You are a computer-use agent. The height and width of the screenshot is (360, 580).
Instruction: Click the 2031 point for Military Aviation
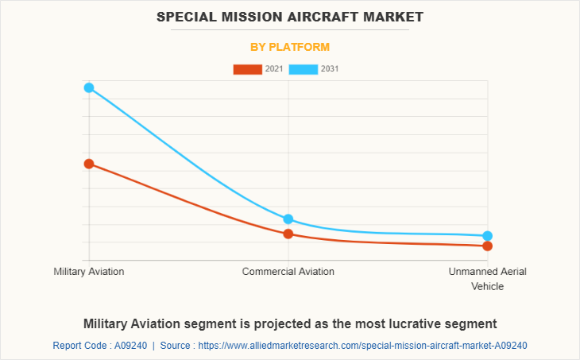pyautogui.click(x=89, y=87)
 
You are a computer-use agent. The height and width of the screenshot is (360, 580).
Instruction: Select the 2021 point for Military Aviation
pyautogui.click(x=89, y=164)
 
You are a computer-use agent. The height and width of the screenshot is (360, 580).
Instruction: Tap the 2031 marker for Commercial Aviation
pyautogui.click(x=288, y=219)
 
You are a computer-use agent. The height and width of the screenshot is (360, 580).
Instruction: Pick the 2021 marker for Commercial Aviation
pyautogui.click(x=288, y=234)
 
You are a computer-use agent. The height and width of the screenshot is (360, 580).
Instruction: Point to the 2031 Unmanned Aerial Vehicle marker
pyautogui.click(x=487, y=236)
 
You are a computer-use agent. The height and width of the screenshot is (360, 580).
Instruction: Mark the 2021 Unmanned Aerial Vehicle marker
pyautogui.click(x=487, y=246)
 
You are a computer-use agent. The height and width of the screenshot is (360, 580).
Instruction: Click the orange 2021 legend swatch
pyautogui.click(x=247, y=69)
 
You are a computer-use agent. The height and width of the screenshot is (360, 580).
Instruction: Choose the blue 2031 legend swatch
pyautogui.click(x=304, y=69)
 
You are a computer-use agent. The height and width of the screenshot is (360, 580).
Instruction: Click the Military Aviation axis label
pyautogui.click(x=89, y=272)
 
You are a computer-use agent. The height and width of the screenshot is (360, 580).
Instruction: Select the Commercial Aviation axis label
pyautogui.click(x=288, y=272)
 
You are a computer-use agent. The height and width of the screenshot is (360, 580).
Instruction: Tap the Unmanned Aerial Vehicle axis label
pyautogui.click(x=487, y=279)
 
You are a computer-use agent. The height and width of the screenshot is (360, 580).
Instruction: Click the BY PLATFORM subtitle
pyautogui.click(x=290, y=47)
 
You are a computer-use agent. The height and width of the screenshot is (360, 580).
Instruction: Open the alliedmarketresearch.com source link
pyautogui.click(x=362, y=346)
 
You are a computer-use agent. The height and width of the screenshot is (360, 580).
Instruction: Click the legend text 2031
pyautogui.click(x=330, y=69)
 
